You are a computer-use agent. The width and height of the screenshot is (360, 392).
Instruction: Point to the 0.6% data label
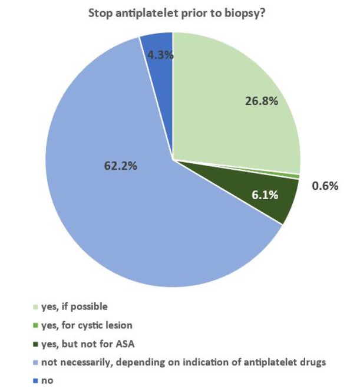(x=325, y=186)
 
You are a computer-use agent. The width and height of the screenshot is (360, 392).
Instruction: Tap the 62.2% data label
(x=121, y=166)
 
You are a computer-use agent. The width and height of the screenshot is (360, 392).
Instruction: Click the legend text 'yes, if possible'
(x=74, y=307)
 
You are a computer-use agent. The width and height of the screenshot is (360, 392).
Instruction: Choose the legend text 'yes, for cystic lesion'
(x=86, y=325)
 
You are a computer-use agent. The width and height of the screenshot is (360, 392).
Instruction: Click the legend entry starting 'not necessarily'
(x=183, y=361)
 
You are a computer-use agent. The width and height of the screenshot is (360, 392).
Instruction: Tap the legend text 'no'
(x=47, y=380)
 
